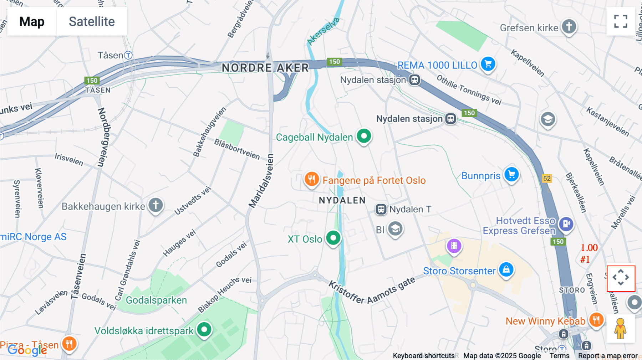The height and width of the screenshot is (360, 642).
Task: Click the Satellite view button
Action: pyautogui.click(x=92, y=21)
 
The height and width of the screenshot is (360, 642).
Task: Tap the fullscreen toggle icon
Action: pyautogui.click(x=621, y=21)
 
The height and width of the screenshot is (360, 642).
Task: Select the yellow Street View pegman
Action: pyautogui.click(x=620, y=328)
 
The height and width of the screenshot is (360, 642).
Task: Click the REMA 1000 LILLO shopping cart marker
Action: pyautogui.click(x=488, y=64)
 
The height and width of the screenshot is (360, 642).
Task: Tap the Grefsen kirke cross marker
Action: pyautogui.click(x=569, y=26)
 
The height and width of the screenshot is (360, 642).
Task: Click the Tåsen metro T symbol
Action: pyautogui.click(x=128, y=55)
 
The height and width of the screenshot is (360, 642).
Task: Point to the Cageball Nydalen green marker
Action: pyautogui.click(x=364, y=136)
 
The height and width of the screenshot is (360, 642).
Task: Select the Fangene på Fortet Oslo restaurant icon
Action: pyautogui.click(x=311, y=179)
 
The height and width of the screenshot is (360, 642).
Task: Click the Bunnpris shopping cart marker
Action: pyautogui.click(x=511, y=175)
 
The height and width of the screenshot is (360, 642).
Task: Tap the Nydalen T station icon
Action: pyautogui.click(x=381, y=209)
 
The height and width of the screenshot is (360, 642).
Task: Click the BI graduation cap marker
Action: pyautogui.click(x=395, y=229)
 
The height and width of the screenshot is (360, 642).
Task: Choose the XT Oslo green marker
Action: pyautogui.click(x=333, y=238)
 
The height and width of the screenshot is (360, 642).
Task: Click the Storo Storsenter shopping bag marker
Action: pyautogui.click(x=506, y=269)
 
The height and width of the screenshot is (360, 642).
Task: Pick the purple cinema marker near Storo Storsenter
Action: pyautogui.click(x=454, y=246)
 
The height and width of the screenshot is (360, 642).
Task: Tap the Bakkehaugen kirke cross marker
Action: pyautogui.click(x=156, y=205)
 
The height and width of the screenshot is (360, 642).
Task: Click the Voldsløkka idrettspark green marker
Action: pyautogui.click(x=204, y=329)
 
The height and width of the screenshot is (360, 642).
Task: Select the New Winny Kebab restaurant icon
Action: pyautogui.click(x=596, y=319)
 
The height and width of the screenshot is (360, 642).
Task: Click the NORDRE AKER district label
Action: pyautogui.click(x=265, y=68)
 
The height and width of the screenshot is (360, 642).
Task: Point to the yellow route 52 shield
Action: pyautogui.click(x=547, y=179)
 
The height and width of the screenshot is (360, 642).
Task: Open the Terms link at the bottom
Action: pyautogui.click(x=559, y=356)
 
